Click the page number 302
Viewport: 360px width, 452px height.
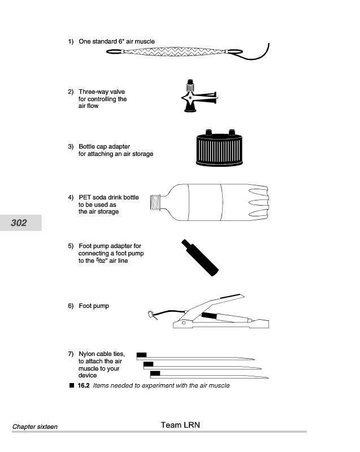(19, 223)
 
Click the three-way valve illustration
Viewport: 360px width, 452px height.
(198, 96)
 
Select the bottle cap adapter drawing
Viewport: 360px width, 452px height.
(219, 148)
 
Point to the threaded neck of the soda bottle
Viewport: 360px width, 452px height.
(155, 202)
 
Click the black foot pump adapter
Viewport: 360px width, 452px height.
(199, 258)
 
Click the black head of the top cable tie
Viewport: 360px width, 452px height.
(141, 355)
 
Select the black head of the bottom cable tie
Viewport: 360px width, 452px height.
(155, 373)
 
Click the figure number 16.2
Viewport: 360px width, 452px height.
(84, 386)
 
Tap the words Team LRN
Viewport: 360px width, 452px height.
(180, 425)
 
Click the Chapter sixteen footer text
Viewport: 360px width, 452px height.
(35, 427)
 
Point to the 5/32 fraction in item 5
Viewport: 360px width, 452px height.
(101, 260)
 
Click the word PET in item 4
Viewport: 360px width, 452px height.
(85, 197)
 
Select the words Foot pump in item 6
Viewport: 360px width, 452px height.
(94, 306)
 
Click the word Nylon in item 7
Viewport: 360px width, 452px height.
(87, 354)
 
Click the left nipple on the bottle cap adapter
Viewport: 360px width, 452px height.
(209, 132)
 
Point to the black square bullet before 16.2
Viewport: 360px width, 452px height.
(72, 385)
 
